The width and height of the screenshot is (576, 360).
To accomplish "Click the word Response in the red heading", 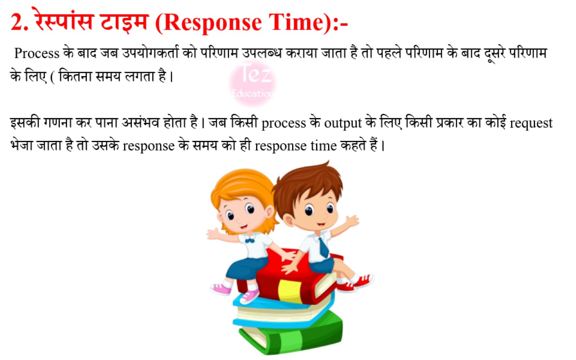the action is [x=211, y=22].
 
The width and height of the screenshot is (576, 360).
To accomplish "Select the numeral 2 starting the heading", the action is [x=16, y=22].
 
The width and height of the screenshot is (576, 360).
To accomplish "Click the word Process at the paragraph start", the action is [x=37, y=54].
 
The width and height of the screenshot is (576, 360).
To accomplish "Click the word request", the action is [x=531, y=123].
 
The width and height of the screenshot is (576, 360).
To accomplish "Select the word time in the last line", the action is [x=324, y=146].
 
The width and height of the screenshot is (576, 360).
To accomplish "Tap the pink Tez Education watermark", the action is [x=252, y=82].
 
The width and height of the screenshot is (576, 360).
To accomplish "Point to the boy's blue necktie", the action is [x=324, y=247].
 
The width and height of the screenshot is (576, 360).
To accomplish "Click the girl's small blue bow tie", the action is [x=249, y=241].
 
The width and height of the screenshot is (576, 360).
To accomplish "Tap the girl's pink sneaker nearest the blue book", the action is [x=249, y=297].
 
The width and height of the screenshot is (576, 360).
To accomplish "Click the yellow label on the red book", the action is [x=289, y=291].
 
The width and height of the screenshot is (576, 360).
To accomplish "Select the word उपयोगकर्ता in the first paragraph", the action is [x=150, y=53].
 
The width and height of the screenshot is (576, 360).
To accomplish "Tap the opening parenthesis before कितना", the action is [x=53, y=77].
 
